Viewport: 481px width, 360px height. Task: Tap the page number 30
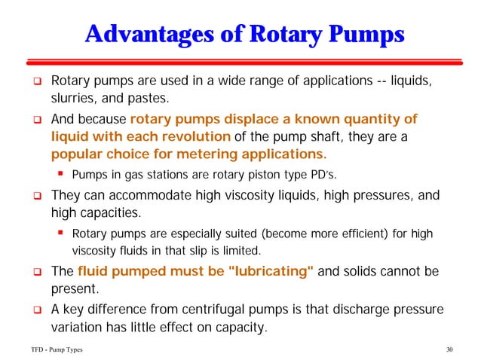point(452,349)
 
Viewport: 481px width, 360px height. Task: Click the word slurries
point(72,98)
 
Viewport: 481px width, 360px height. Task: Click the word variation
point(76,328)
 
